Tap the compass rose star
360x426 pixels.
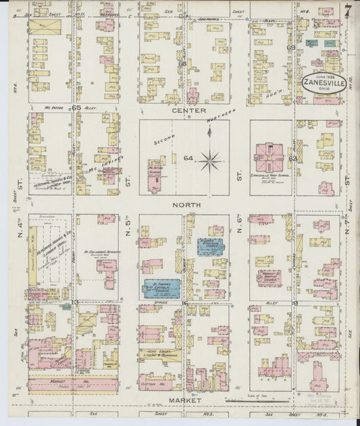[210, 161]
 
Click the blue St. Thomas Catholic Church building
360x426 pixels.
[161, 288]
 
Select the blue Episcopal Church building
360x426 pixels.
[210, 246]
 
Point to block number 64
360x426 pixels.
[188, 159]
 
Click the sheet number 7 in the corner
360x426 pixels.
[347, 11]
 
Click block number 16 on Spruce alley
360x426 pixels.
[184, 304]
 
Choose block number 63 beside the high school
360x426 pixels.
[292, 159]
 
